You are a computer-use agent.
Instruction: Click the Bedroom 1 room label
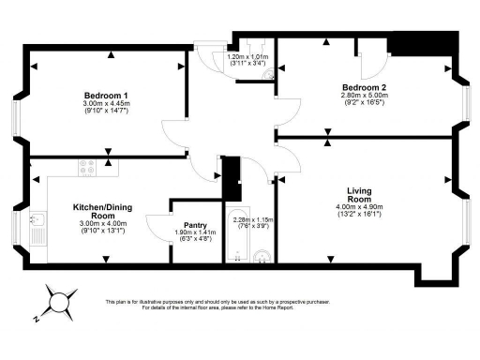(x=106, y=96)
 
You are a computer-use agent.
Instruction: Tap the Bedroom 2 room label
(x=365, y=87)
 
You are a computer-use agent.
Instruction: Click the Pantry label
(x=195, y=225)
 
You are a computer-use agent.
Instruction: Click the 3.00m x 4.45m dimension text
(x=106, y=104)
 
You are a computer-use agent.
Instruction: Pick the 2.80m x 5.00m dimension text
(x=365, y=95)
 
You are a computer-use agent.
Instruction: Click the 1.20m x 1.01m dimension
(x=247, y=56)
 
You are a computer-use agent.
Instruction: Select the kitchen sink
(x=42, y=221)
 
